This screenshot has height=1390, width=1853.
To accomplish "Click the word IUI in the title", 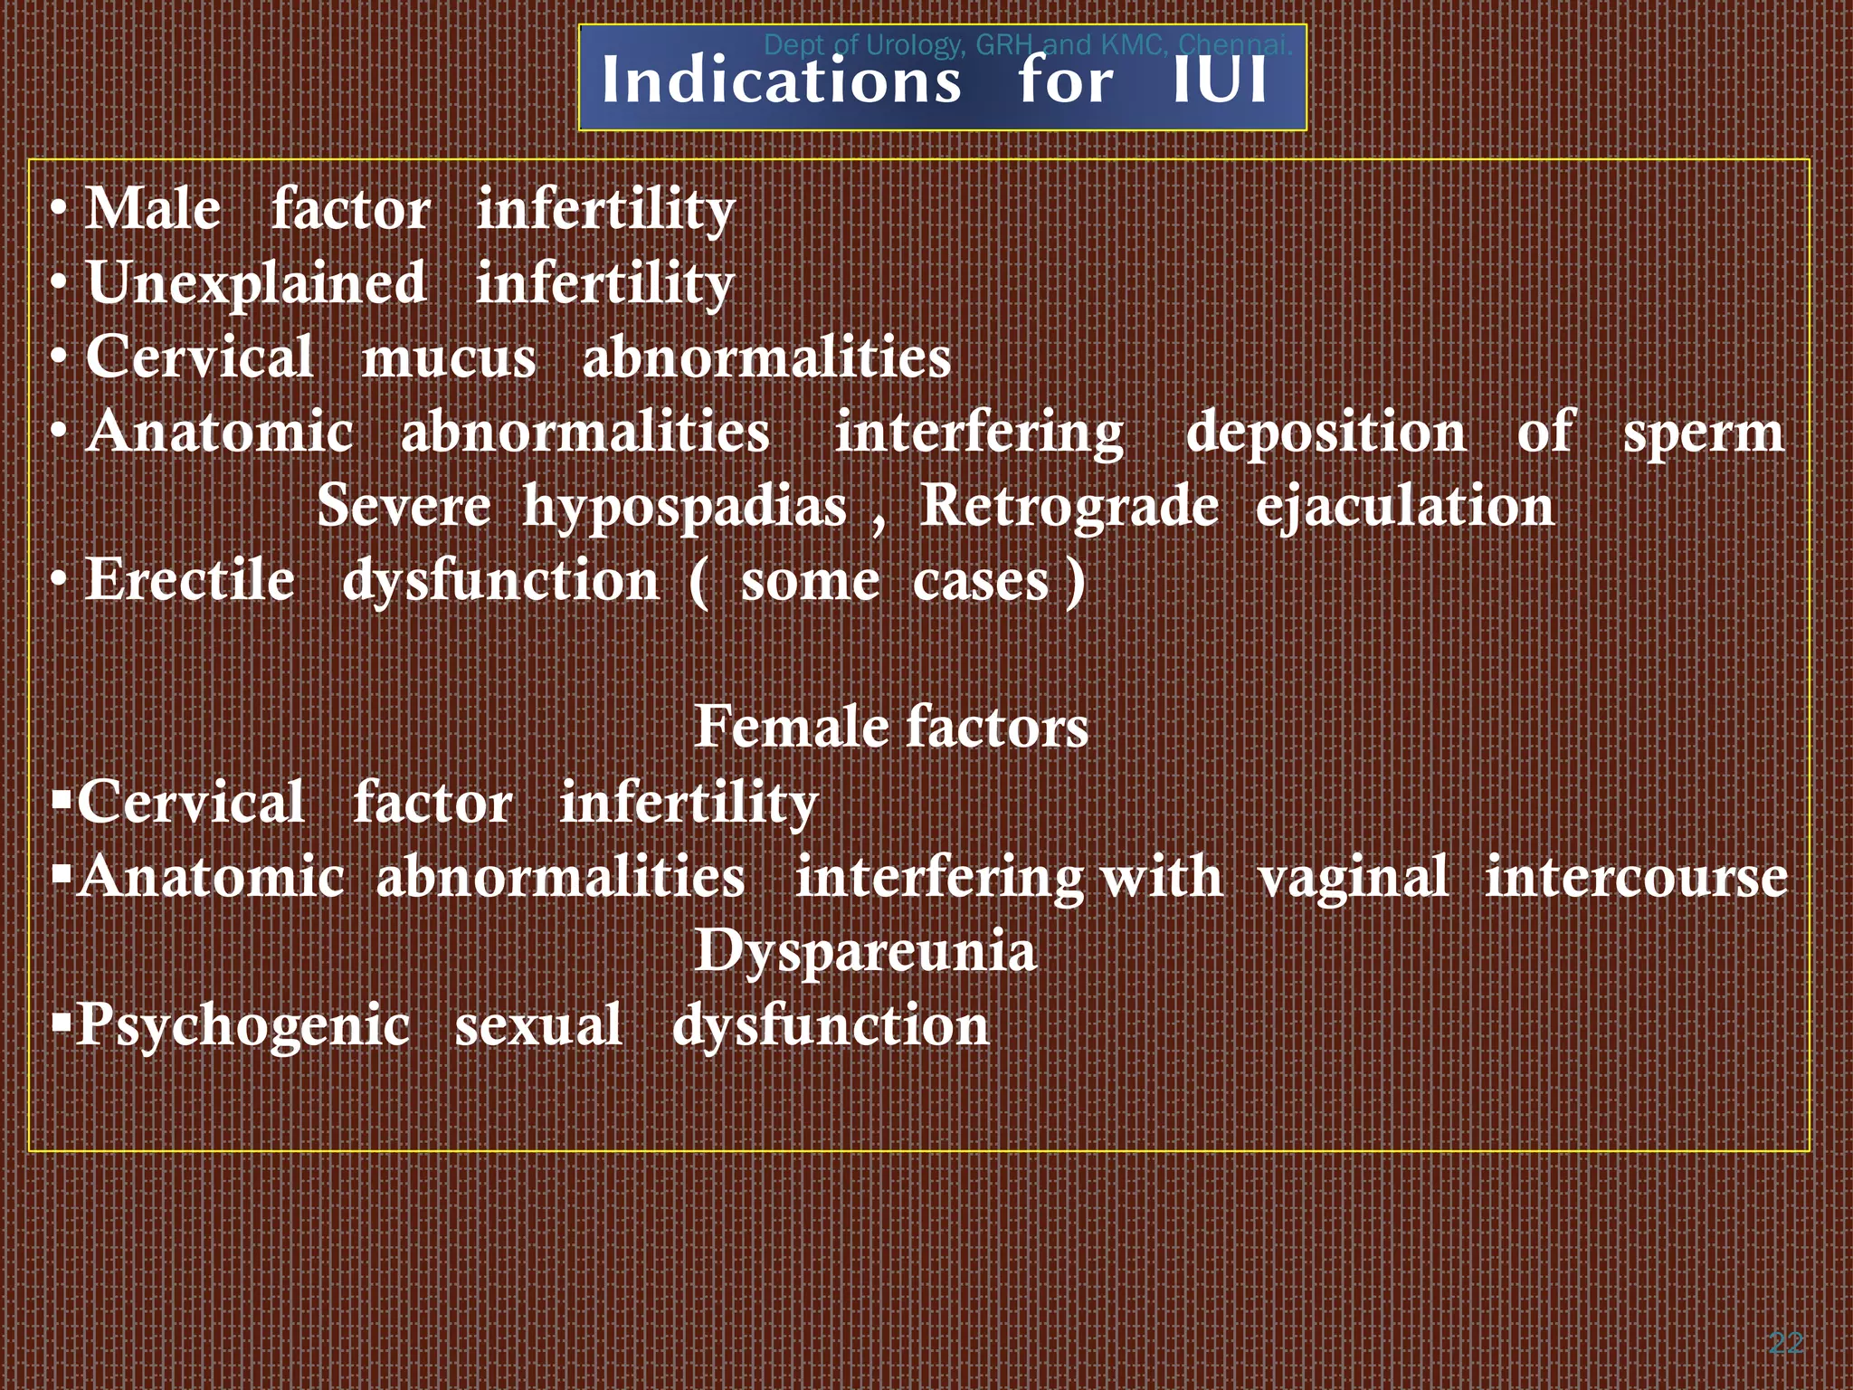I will [1219, 81].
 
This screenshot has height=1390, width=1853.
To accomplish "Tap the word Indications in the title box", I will [781, 81].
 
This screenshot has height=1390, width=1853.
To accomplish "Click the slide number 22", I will [1785, 1343].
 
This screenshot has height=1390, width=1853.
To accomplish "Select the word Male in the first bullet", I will [152, 210].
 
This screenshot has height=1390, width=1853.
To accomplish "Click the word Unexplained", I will [255, 284].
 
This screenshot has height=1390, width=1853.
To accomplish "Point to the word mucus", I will [449, 358].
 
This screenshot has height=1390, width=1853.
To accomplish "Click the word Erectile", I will [190, 580].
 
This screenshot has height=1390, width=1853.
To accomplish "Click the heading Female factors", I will [891, 728].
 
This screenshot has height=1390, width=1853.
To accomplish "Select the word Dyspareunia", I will [865, 953].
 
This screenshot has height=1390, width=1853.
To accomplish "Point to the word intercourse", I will [1636, 878].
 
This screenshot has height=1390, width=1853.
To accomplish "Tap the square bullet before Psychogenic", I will [62, 1023].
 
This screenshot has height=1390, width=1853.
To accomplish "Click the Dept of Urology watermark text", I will [1027, 44].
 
